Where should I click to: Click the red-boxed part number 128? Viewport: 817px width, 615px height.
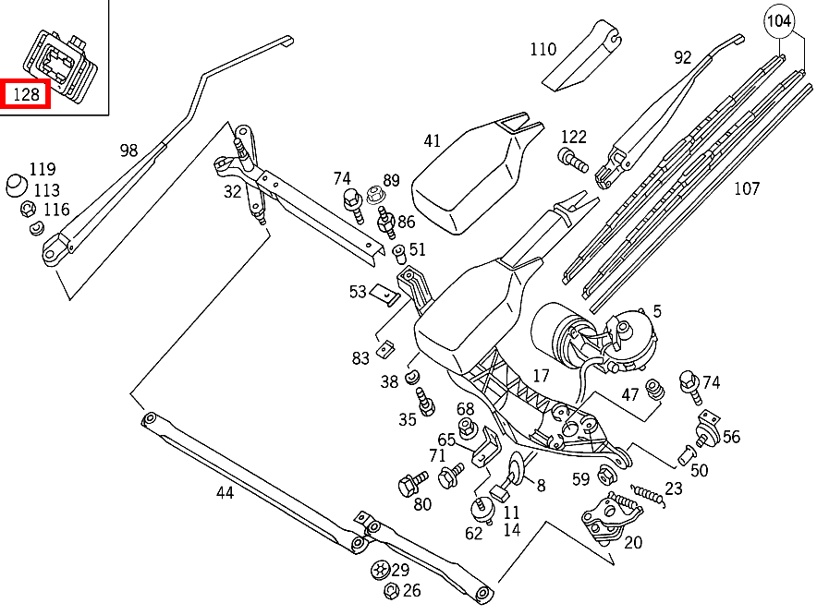click(x=25, y=94)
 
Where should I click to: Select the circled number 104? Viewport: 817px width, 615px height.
click(x=779, y=18)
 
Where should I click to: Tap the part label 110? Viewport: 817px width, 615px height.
click(x=543, y=49)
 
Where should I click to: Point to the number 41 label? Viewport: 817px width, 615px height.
click(x=433, y=140)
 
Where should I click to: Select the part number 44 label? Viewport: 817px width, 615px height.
click(x=225, y=492)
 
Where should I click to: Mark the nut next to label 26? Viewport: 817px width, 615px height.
click(x=389, y=591)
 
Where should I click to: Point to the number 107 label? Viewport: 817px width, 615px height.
click(x=746, y=188)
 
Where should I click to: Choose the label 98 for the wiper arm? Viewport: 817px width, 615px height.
click(x=128, y=150)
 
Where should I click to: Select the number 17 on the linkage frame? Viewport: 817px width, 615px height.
click(x=542, y=376)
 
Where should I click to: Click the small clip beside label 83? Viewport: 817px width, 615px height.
click(x=388, y=350)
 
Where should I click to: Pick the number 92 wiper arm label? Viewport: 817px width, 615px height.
click(x=682, y=57)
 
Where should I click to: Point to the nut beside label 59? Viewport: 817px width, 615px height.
click(x=606, y=476)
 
